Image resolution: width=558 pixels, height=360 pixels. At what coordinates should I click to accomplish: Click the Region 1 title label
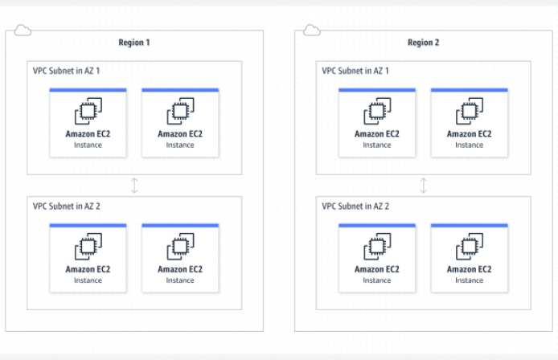coord(134,43)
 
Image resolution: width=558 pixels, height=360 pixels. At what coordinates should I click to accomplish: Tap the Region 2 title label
coord(424,43)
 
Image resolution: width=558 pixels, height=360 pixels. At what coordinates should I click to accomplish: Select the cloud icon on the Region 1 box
coord(22,31)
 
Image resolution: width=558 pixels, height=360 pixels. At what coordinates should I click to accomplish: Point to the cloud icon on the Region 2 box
coord(311,31)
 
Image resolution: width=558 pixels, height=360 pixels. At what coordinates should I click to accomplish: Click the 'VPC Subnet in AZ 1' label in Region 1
coord(67,71)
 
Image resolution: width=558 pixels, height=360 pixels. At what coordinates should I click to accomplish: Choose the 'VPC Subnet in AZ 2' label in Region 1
coord(67,206)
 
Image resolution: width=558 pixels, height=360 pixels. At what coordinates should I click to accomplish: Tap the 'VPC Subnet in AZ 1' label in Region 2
coord(356,71)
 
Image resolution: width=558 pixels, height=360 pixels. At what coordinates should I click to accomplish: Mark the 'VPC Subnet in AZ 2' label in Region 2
coord(356,206)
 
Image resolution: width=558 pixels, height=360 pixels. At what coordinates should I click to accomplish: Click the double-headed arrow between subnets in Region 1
coord(134,186)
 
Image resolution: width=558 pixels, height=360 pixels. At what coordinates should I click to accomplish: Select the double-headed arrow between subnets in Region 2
coord(424,186)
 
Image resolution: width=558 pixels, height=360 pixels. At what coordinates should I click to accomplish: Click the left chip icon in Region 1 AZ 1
coord(88,112)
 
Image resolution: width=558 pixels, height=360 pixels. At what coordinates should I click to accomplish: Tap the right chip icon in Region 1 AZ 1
coord(180,112)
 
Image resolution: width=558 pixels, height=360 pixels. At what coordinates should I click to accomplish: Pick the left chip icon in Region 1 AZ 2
coord(88,247)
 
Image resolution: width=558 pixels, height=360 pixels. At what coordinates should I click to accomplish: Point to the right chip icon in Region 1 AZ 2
coord(180,247)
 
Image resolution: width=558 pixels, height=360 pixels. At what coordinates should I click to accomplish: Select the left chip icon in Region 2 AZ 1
coord(377,112)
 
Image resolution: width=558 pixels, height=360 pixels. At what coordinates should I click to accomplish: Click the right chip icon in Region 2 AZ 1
coord(470,112)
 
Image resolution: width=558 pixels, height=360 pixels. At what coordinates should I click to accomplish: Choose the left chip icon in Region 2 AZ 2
coord(377,247)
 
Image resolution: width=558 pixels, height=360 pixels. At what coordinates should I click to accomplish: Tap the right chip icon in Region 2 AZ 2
coord(470,247)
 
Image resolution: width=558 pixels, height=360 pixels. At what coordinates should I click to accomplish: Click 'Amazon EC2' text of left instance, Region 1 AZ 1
coord(88,134)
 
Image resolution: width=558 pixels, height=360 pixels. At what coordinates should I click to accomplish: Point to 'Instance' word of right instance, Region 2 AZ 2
coord(470,280)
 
